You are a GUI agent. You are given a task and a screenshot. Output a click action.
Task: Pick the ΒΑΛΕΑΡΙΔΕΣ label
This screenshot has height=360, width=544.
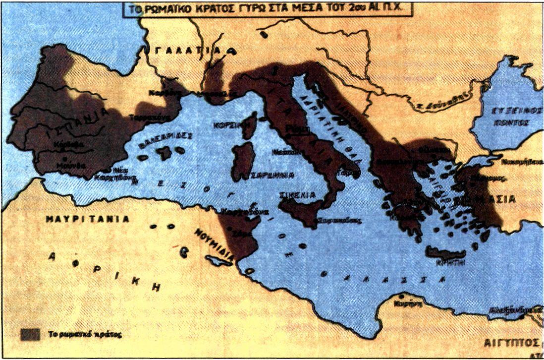[x=166, y=138]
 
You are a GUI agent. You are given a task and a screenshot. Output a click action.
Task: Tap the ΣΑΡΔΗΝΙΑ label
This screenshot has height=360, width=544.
[x=272, y=175]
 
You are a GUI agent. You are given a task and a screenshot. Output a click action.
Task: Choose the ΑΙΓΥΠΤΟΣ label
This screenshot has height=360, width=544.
[x=512, y=343]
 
